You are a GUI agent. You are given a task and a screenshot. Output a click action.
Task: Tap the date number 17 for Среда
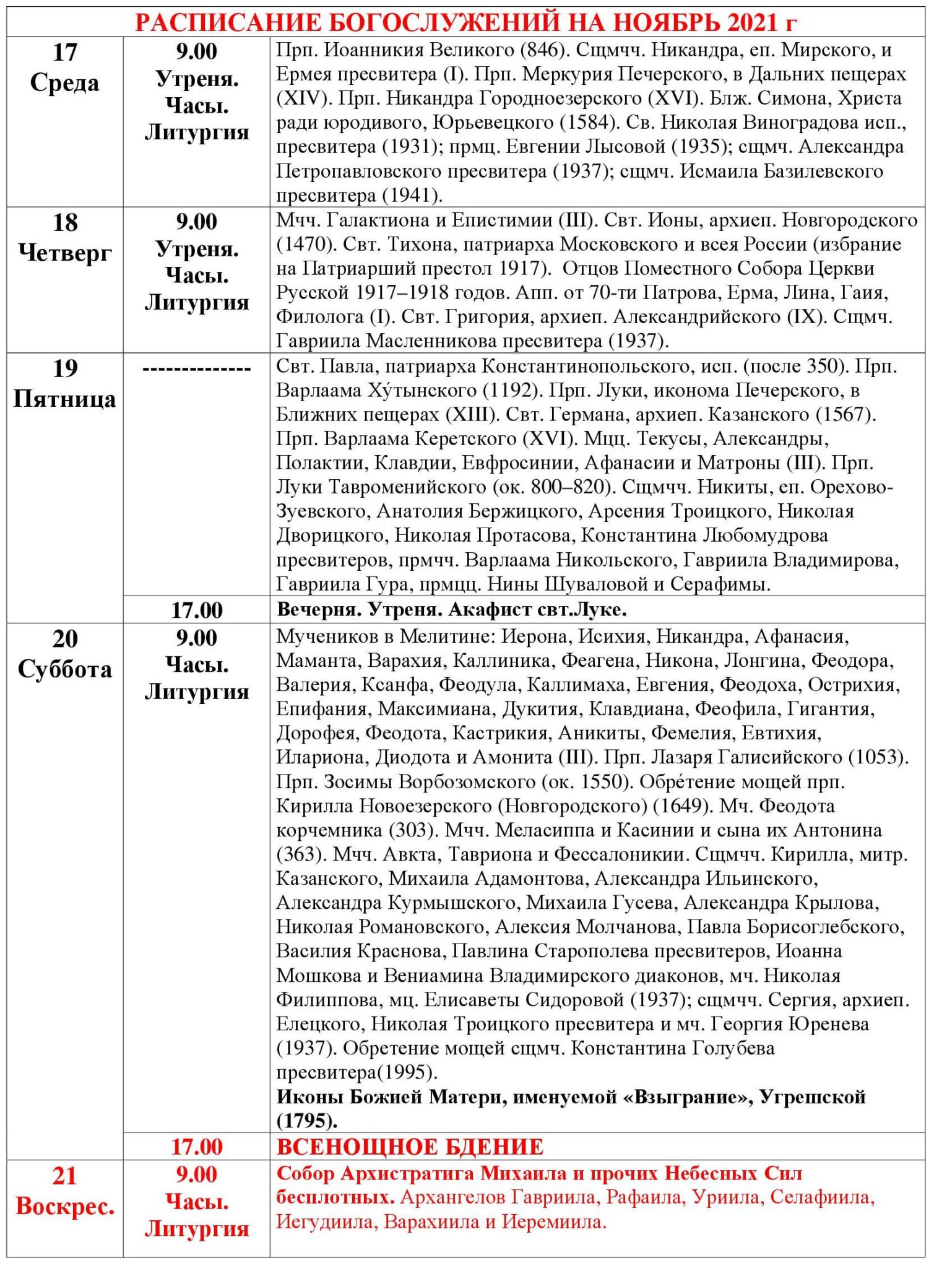pos(64,52)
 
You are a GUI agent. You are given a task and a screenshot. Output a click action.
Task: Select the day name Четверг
pos(64,253)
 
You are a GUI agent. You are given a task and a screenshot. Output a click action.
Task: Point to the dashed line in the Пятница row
pos(196,370)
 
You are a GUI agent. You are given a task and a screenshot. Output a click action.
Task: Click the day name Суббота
pos(64,669)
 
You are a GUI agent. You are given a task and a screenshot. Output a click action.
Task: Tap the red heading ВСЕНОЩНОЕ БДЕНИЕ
pos(410,1147)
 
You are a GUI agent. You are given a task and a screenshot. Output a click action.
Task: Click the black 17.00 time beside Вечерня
pos(196,610)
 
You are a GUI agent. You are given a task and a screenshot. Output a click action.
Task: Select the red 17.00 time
pos(196,1147)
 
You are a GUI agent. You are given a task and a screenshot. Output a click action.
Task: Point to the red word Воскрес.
pos(64,1205)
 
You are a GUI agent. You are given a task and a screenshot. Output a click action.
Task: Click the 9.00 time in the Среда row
pos(196,52)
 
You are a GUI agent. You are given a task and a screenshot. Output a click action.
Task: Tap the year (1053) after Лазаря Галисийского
pos(878,757)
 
